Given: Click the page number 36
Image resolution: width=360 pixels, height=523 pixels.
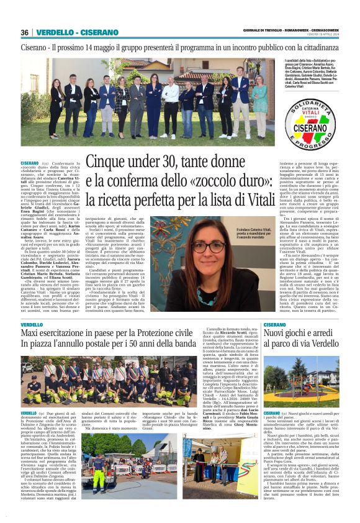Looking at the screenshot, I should (25, 32).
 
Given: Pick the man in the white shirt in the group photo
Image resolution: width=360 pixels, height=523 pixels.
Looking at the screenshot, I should (171, 99).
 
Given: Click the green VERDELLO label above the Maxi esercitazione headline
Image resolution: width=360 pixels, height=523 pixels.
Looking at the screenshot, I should (32, 325).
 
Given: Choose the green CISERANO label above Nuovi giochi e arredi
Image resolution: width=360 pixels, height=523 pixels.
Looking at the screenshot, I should (274, 325).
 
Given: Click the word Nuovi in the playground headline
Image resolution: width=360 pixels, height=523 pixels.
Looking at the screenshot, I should (277, 335).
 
